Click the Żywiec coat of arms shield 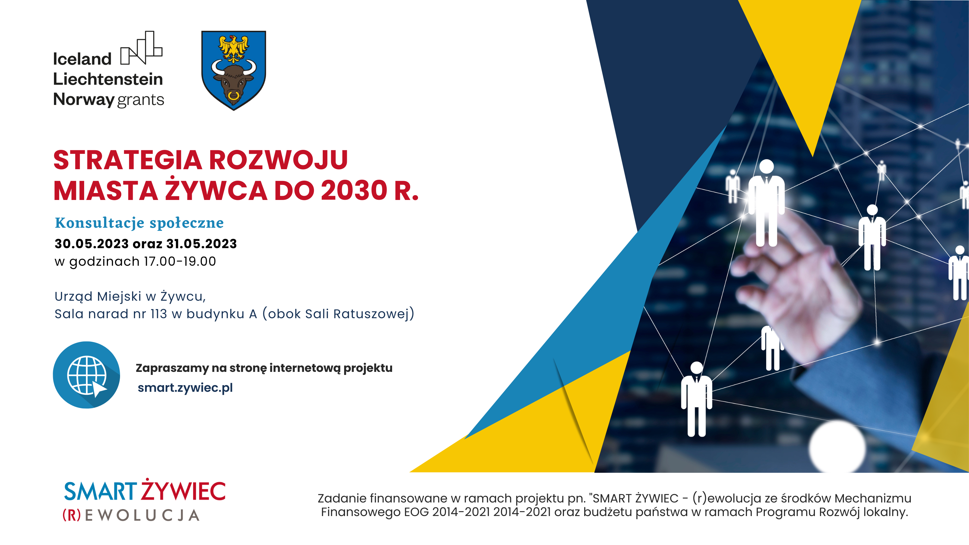click(234, 70)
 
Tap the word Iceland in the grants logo click(82, 59)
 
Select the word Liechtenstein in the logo click(108, 79)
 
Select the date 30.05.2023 click(92, 244)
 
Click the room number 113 click(158, 314)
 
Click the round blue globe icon click(87, 375)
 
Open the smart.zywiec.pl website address click(185, 388)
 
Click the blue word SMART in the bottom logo click(100, 491)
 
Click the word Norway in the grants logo click(84, 100)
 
